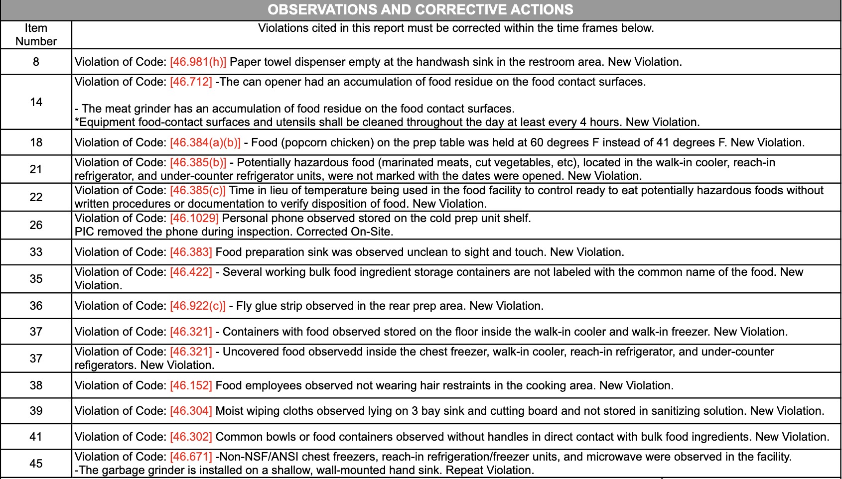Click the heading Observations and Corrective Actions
tap(421, 9)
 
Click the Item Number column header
tap(36, 35)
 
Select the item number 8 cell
tap(36, 62)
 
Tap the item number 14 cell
tap(36, 102)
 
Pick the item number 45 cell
tap(36, 464)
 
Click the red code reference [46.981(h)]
tap(198, 62)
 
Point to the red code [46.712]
tap(191, 82)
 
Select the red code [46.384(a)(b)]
tap(205, 142)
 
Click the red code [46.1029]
tap(194, 218)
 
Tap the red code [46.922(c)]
tap(197, 306)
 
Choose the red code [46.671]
tap(191, 457)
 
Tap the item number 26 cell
tap(36, 225)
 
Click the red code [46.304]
tap(191, 411)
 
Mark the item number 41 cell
tap(36, 437)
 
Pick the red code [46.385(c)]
tap(197, 190)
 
